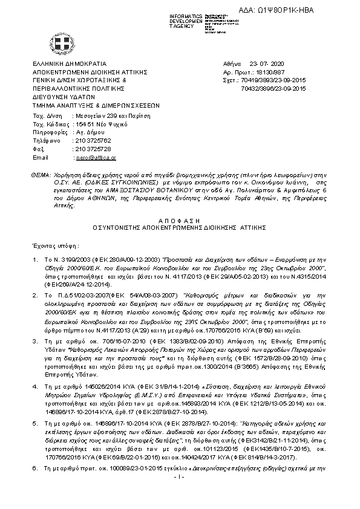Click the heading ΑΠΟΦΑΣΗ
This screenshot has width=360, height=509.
coord(180,222)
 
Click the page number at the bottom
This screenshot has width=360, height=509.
coord(180,477)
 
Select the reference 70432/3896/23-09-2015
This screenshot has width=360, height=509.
coord(273,88)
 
